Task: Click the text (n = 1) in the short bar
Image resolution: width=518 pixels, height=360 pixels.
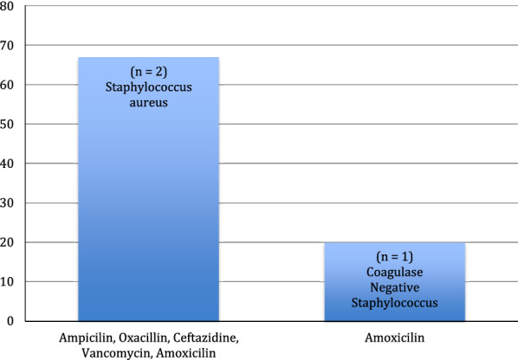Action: pyautogui.click(x=392, y=256)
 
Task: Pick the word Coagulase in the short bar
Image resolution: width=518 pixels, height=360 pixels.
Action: pyautogui.click(x=392, y=272)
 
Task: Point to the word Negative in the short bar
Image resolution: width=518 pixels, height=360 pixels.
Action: pyautogui.click(x=392, y=286)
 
